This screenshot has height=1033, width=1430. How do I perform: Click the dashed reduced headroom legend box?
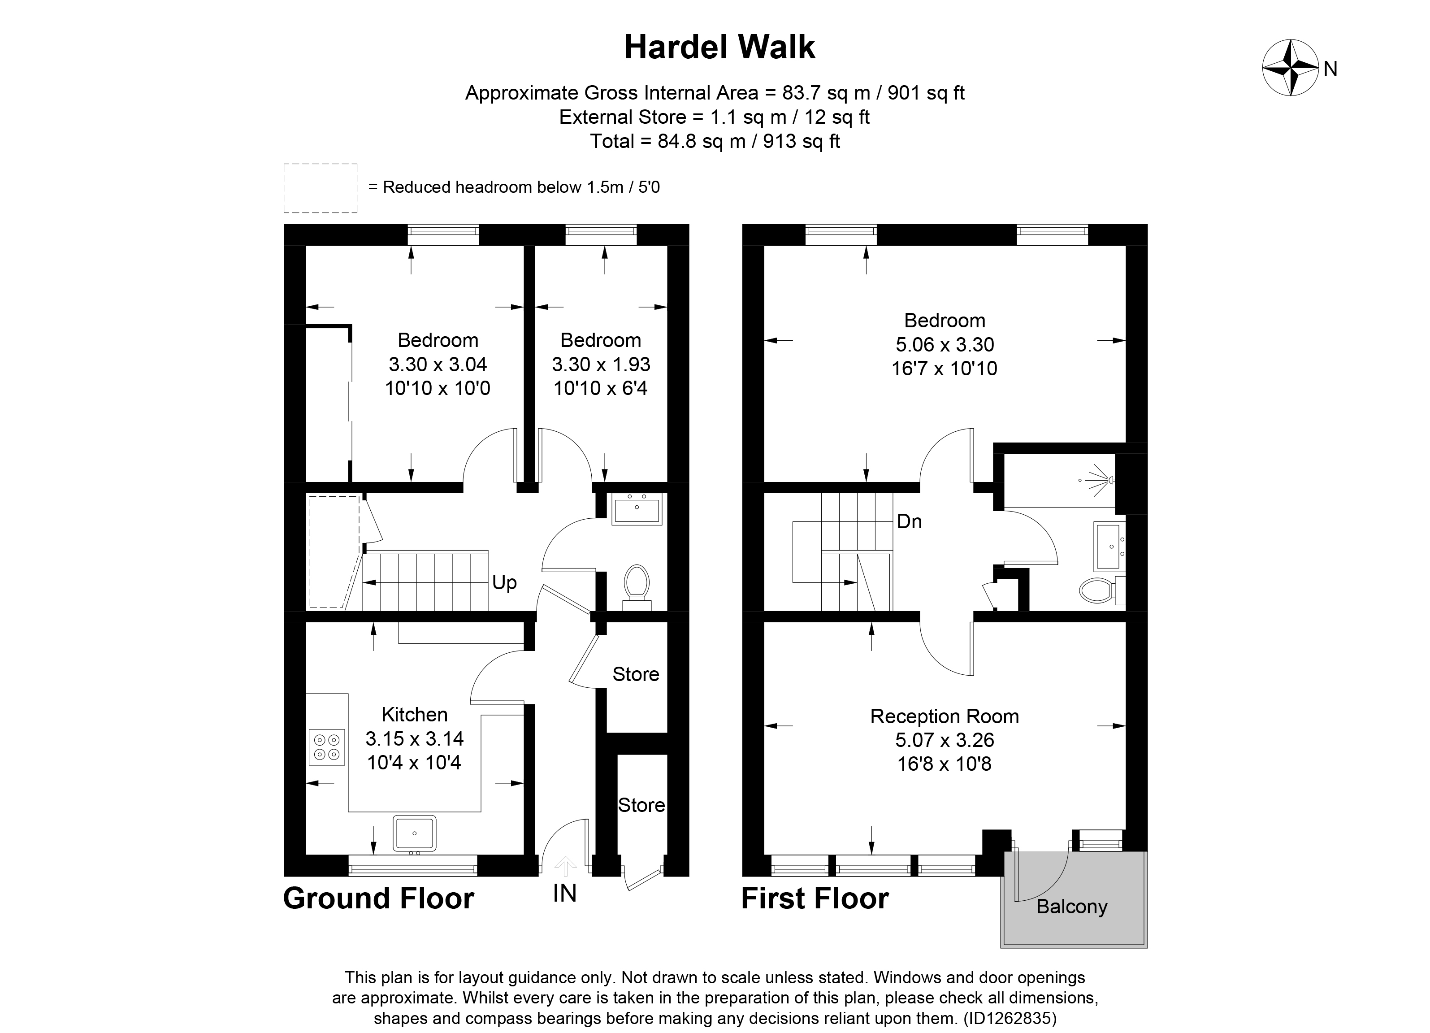coord(321,188)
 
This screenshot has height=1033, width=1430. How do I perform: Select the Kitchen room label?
coord(414,715)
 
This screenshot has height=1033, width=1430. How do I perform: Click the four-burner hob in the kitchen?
coord(327,747)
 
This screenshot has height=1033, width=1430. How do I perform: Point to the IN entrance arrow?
coord(565,867)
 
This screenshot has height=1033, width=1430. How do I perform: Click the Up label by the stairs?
coord(504,582)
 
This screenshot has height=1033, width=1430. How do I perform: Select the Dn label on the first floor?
coord(909,521)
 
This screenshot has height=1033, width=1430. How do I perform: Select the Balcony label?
coord(1071,907)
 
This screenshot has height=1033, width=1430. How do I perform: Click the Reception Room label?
coord(944,716)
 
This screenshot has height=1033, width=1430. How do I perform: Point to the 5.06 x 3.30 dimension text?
coord(944,344)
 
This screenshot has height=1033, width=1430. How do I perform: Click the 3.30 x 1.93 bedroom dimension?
coord(600,365)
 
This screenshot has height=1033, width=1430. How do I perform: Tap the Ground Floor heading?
coord(378,898)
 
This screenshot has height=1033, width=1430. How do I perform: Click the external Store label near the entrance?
coord(641,805)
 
